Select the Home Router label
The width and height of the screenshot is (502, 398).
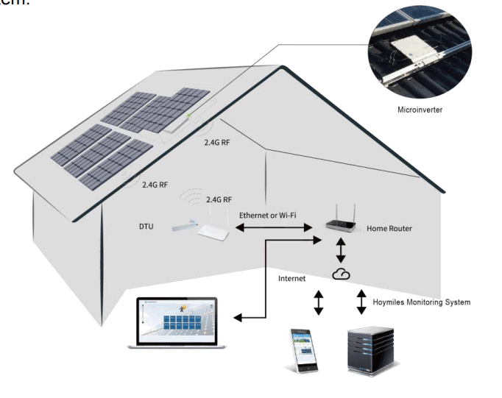click(x=389, y=229)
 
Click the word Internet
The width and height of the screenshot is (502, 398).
click(x=291, y=279)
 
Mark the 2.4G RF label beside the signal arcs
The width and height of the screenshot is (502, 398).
click(x=219, y=199)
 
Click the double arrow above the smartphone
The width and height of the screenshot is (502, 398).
click(x=318, y=302)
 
